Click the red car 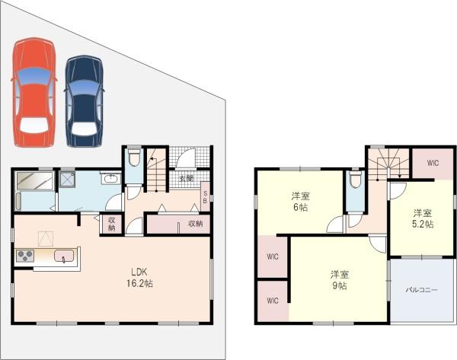34,92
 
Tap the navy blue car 85,101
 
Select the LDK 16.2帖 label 139,278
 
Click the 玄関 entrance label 187,178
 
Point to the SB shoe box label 205,197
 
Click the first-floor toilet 134,158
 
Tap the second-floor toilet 355,179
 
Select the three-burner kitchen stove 25,256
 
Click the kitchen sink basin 64,256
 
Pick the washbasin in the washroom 110,178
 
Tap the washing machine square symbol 68,179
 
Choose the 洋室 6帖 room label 301,202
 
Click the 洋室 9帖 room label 340,280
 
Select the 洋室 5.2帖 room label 423,218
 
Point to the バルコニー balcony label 422,290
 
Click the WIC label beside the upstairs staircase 433,163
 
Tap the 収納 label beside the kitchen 112,224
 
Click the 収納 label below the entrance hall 196,224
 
